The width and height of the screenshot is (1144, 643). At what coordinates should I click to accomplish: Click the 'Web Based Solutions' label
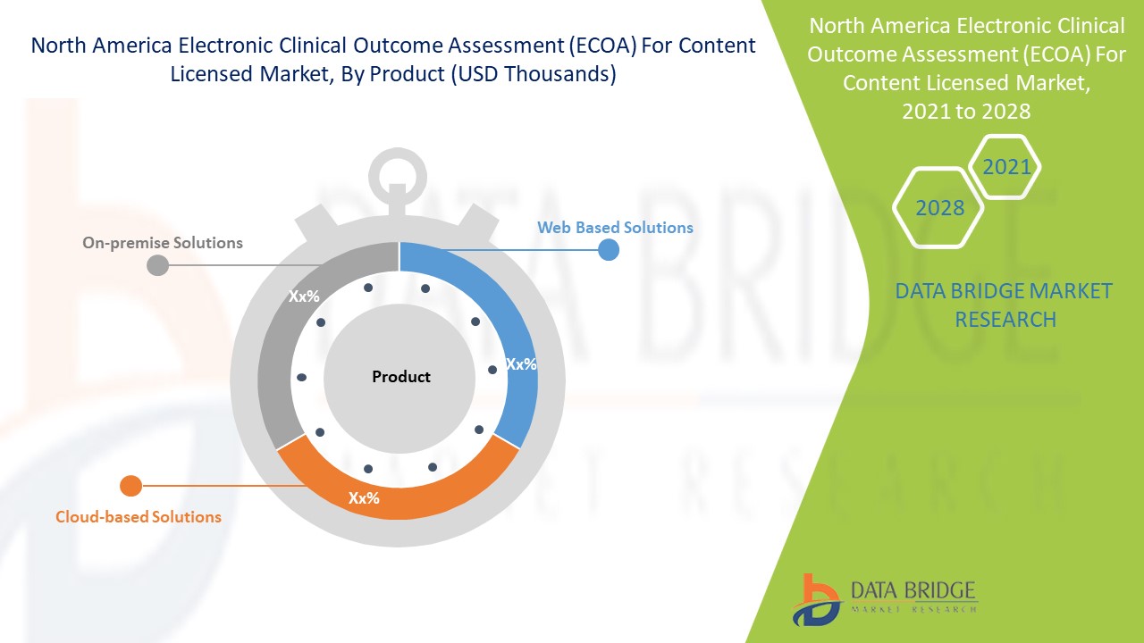click(615, 228)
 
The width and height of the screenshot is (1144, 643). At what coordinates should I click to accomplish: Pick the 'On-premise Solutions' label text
click(163, 243)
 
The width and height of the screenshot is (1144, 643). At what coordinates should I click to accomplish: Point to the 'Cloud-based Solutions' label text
click(139, 517)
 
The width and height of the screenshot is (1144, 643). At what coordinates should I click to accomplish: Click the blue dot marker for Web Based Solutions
click(609, 249)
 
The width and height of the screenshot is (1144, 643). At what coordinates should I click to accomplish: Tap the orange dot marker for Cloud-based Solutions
click(130, 486)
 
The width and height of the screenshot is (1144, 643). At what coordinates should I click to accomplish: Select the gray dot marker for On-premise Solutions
click(157, 265)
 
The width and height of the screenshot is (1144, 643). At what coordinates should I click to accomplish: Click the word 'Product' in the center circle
click(401, 377)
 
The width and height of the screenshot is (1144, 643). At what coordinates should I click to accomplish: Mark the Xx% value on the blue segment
click(521, 364)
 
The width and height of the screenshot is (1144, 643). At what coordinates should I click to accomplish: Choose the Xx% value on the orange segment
click(364, 498)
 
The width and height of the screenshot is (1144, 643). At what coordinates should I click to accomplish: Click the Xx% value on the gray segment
click(304, 296)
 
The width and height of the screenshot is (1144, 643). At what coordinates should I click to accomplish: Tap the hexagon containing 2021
click(1006, 167)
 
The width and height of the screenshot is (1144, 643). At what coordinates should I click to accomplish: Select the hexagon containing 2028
click(939, 208)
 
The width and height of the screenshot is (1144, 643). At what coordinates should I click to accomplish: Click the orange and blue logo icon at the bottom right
click(815, 599)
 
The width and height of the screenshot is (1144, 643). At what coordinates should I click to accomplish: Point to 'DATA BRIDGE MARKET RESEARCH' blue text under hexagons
click(1005, 305)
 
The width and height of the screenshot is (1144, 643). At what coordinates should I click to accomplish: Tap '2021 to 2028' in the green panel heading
click(966, 112)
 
